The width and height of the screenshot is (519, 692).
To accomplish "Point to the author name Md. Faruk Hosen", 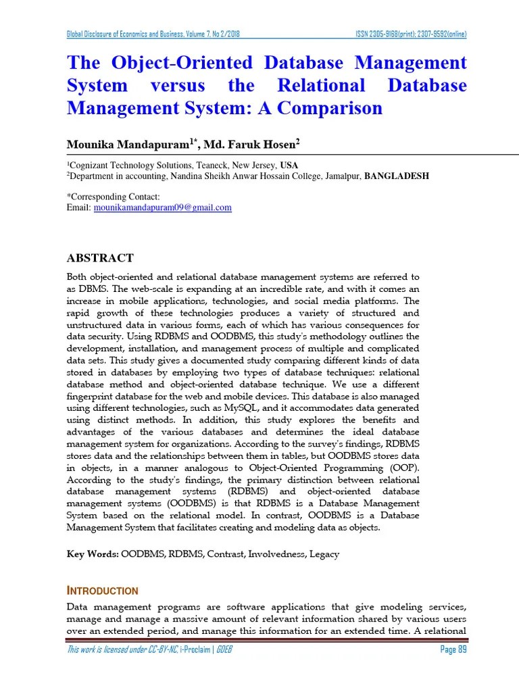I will click(249, 144).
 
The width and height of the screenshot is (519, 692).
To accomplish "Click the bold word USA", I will click(289, 165).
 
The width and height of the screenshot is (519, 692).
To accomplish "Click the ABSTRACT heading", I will click(99, 258).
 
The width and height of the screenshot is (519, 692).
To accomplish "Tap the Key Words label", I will click(92, 554).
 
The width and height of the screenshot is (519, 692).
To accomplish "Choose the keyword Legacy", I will click(324, 554).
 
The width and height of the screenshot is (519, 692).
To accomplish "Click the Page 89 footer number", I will click(453, 650).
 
